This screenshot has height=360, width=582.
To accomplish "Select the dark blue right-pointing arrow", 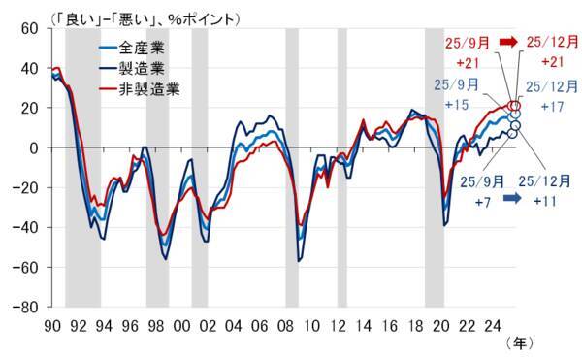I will pyautogui.click(x=514, y=198).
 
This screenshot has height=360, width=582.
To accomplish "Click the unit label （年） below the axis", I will pyautogui.click(x=521, y=343).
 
